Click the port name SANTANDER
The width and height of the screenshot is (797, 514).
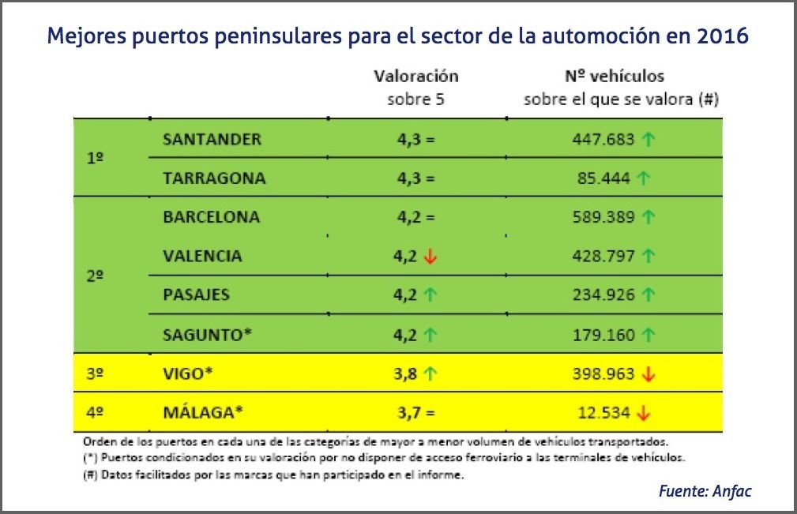212,139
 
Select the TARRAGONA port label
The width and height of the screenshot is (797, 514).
214,178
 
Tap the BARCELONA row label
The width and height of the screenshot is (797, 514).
211,216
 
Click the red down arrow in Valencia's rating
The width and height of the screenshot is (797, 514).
430,256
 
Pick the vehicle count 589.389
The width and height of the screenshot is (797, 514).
603,216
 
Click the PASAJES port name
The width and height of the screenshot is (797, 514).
196,295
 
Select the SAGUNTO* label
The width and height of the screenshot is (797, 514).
207,334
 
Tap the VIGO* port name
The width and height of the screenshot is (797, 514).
188,373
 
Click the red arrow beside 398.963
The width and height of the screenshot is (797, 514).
649,374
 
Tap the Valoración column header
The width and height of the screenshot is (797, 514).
416,77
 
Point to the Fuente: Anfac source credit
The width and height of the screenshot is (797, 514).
705,491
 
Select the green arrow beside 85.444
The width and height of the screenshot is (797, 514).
643,178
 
